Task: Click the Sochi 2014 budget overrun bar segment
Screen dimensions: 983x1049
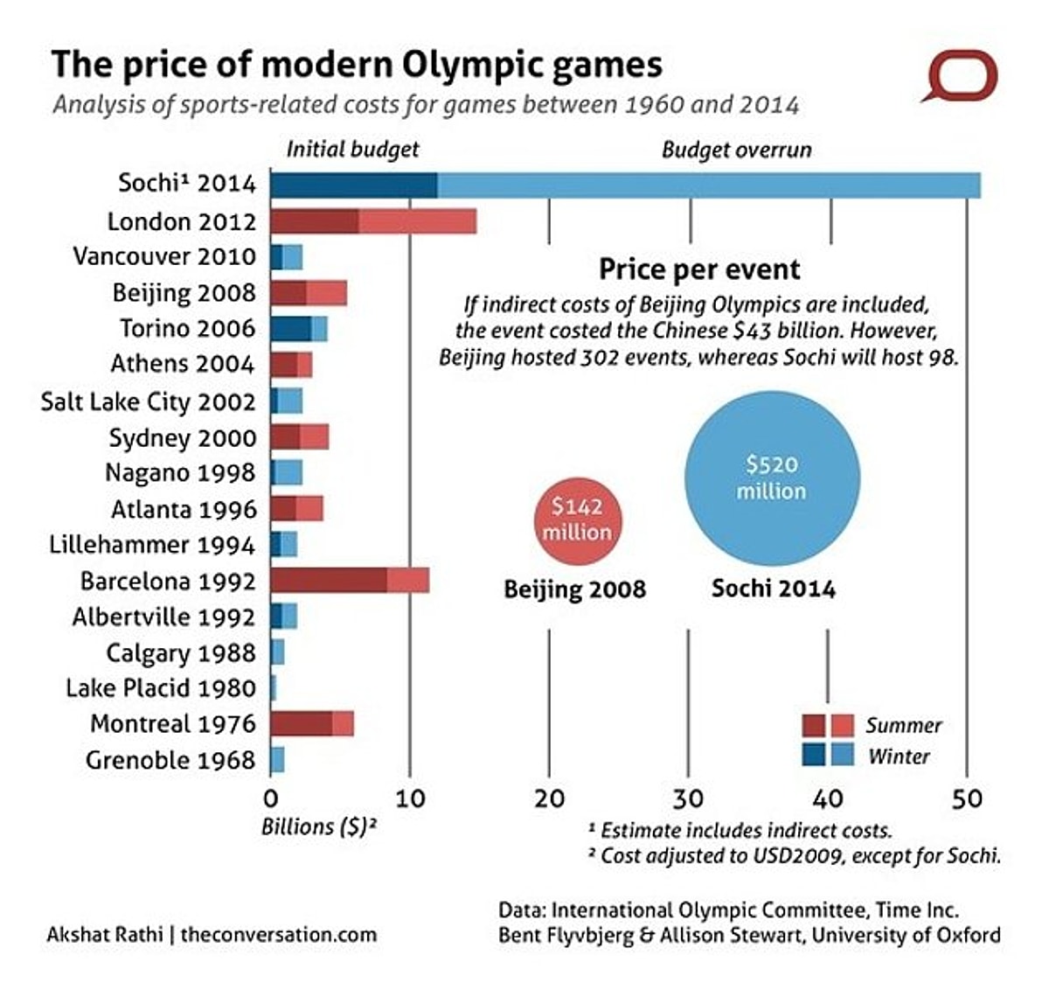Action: pyautogui.click(x=708, y=185)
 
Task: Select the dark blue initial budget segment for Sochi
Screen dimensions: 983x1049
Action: pyautogui.click(x=353, y=185)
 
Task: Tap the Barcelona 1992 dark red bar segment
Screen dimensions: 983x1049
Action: pyautogui.click(x=329, y=581)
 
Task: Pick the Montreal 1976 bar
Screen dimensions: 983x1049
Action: pyautogui.click(x=312, y=724)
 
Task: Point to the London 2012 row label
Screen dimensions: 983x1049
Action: pyautogui.click(x=182, y=222)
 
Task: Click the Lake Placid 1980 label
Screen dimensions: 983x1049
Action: pyautogui.click(x=161, y=688)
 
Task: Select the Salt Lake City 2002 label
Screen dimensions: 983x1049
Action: pyautogui.click(x=149, y=401)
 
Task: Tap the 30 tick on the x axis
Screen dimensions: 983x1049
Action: pyautogui.click(x=688, y=798)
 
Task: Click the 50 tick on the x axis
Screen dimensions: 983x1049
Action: pyautogui.click(x=966, y=798)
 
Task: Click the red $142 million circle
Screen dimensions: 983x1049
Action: pyautogui.click(x=576, y=519)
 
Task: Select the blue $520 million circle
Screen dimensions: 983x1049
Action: pyautogui.click(x=771, y=478)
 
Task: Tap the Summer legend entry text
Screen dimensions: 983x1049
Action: pyautogui.click(x=904, y=725)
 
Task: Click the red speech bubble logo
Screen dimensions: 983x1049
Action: pyautogui.click(x=960, y=77)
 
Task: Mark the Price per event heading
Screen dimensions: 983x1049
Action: pyautogui.click(x=699, y=268)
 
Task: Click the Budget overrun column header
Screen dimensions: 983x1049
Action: pyautogui.click(x=736, y=150)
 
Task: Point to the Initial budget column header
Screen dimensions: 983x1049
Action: pyautogui.click(x=352, y=150)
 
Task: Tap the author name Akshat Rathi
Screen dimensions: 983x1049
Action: pyautogui.click(x=104, y=934)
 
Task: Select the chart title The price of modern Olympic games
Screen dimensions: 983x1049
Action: pyautogui.click(x=357, y=66)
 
